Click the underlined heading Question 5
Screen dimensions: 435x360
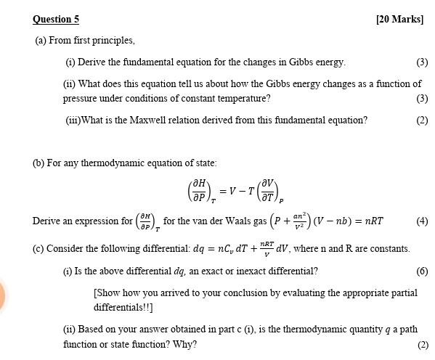pyautogui.click(x=56, y=20)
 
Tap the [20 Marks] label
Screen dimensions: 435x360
pyautogui.click(x=399, y=20)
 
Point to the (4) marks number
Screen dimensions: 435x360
pyautogui.click(x=422, y=221)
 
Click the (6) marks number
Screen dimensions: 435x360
pyautogui.click(x=422, y=271)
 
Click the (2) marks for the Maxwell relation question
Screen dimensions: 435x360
pyautogui.click(x=422, y=120)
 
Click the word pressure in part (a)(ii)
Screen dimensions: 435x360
pyautogui.click(x=80, y=99)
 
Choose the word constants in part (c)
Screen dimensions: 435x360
pyautogui.click(x=389, y=249)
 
